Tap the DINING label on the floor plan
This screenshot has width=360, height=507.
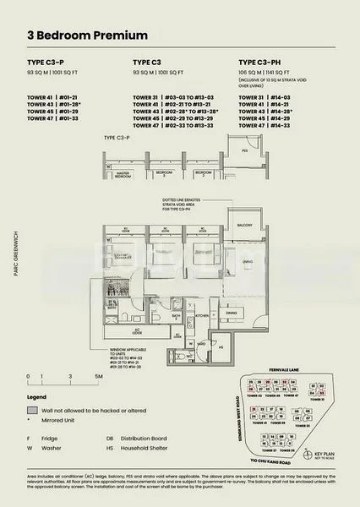(231, 312)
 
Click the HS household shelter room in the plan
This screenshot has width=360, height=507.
(220, 347)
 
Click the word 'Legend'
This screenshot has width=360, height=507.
(37, 396)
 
